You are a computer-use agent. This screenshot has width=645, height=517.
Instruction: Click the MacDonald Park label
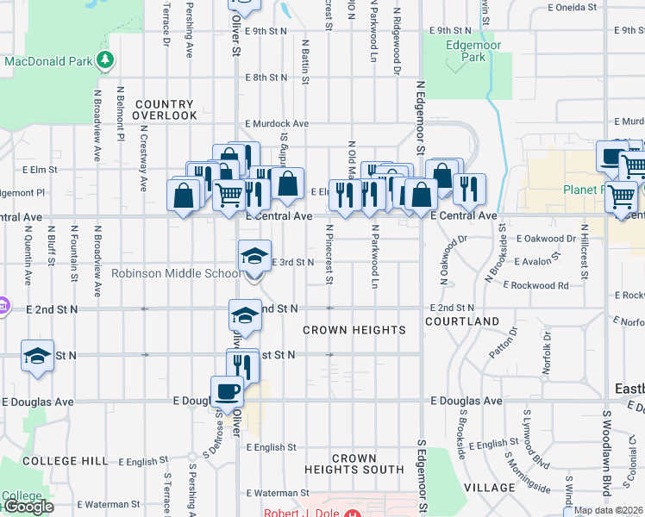coord(47,62)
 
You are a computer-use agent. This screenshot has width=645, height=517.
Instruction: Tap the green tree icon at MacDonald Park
coord(104,59)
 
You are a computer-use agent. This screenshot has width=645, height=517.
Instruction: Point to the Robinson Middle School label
coord(175,274)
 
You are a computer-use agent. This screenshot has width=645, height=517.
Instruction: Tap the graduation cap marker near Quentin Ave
coord(38,357)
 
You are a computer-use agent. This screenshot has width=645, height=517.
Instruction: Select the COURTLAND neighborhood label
coord(462,321)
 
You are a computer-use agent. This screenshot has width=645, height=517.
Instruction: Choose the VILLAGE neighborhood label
coord(489,488)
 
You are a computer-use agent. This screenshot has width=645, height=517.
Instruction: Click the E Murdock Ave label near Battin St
coord(276,124)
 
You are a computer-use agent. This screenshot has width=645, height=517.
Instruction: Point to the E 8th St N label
coord(265,78)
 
